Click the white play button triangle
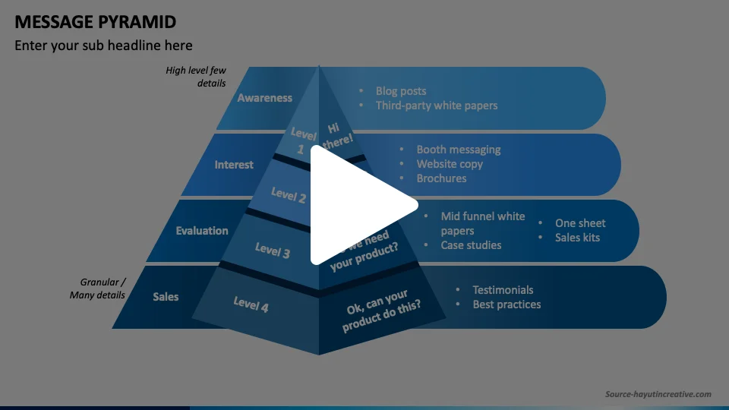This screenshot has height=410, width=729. [357, 205]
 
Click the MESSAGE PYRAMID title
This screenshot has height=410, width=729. [96, 20]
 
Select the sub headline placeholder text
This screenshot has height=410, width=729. [103, 46]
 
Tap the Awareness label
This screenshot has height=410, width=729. [264, 98]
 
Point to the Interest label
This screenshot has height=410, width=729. [234, 165]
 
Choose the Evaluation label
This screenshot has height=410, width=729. [202, 231]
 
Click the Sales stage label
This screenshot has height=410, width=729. [166, 296]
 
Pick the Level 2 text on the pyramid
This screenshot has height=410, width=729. [289, 195]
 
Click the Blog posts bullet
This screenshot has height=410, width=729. [401, 91]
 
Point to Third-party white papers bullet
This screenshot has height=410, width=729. [437, 106]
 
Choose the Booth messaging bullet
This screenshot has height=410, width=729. [459, 150]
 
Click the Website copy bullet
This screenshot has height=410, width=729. [450, 164]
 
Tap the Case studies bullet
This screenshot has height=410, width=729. [471, 245]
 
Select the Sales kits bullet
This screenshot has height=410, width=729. [577, 238]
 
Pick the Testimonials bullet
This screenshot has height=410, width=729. [503, 290]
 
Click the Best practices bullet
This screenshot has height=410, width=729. [507, 304]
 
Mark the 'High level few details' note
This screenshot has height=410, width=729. [197, 77]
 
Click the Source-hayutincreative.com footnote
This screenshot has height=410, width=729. [658, 394]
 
